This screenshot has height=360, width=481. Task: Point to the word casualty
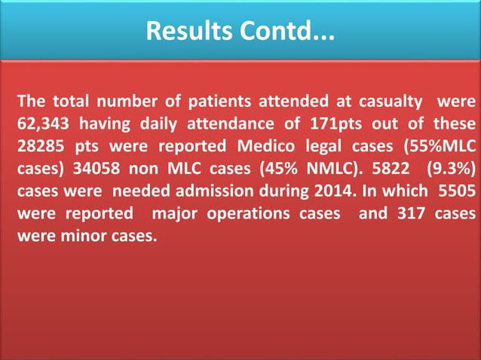click(391, 102)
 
